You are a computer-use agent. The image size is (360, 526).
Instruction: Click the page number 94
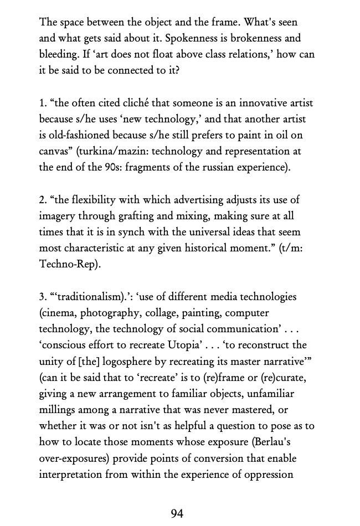pyautogui.click(x=177, y=513)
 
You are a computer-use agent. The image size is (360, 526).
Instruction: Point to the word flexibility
pyautogui.click(x=103, y=199)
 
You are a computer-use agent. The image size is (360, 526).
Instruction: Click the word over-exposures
pyautogui.click(x=75, y=458)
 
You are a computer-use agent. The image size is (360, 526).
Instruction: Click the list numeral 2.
pyautogui.click(x=42, y=199)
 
